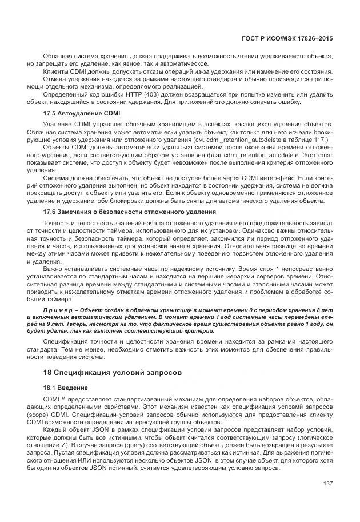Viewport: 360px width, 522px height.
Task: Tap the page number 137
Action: (327, 484)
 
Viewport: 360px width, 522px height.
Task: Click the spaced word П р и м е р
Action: (59, 309)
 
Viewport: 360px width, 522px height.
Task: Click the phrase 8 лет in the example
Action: (325, 309)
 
